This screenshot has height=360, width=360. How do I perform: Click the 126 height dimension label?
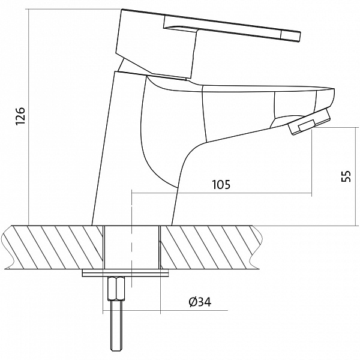(x=20, y=116)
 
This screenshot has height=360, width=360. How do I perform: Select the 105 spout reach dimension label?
(x=221, y=184)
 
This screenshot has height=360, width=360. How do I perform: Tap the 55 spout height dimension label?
(x=346, y=176)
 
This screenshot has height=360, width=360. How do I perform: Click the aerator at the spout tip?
(x=309, y=122)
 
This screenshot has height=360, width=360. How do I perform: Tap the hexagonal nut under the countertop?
(x=116, y=288)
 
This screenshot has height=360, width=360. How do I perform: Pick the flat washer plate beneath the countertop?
(x=125, y=274)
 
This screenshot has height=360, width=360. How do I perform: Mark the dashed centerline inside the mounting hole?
(x=131, y=239)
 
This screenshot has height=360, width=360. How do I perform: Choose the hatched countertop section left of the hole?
(x=53, y=247)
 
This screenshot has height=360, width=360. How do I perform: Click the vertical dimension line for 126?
(x=29, y=117)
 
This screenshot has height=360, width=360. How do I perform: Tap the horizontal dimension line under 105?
(x=221, y=193)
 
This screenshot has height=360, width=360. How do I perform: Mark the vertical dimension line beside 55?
(x=355, y=176)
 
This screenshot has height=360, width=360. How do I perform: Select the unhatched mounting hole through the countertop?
(x=131, y=247)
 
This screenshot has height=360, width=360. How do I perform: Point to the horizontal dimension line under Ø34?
(x=166, y=310)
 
